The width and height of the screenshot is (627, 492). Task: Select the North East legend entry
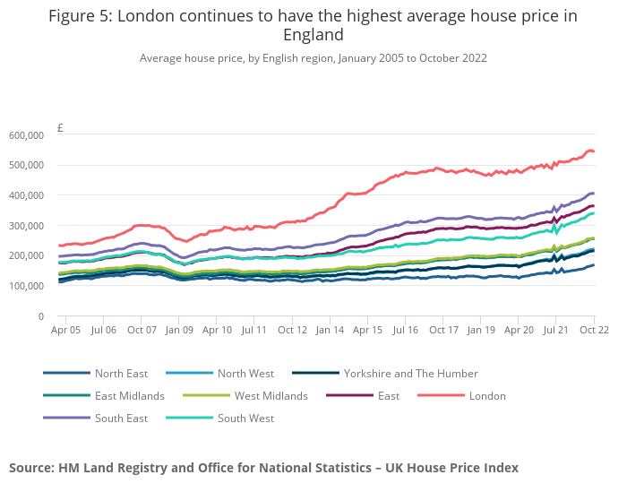pos(121,374)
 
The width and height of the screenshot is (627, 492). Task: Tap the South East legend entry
pos(121,419)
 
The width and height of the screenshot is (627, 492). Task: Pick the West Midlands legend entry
pos(271,396)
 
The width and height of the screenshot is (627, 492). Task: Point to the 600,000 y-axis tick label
pos(27,135)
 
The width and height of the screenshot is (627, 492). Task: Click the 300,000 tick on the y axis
pos(27,226)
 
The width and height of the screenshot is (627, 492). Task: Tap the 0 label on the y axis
pos(41,316)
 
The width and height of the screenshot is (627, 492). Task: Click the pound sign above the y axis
pos(60,128)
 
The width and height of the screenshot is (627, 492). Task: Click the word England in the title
pos(313,36)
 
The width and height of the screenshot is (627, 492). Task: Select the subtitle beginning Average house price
pos(313,58)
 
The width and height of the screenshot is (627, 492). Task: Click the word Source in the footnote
pos(31,468)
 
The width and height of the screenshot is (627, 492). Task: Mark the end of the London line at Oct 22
pos(594,151)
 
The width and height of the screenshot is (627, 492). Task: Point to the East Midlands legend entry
pos(130,396)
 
